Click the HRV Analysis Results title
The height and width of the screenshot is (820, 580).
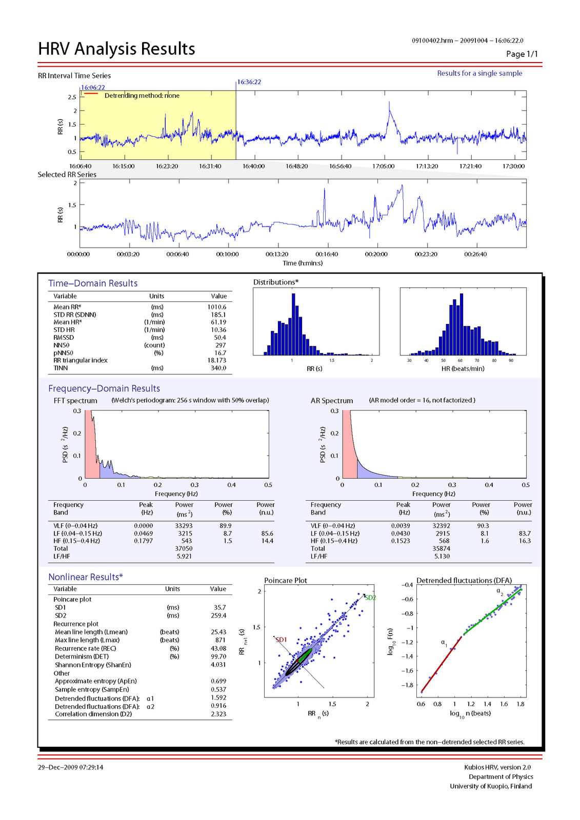tap(116, 49)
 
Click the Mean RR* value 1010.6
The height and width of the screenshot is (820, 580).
tap(216, 307)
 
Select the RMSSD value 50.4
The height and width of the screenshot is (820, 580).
tap(219, 337)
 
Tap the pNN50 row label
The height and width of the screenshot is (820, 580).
tap(64, 353)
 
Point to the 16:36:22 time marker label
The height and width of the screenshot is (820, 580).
tap(249, 82)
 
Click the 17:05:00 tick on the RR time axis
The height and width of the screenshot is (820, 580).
tap(383, 166)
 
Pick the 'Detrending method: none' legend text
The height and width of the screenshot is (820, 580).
tap(142, 96)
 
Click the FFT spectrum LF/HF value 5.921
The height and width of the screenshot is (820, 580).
tap(184, 556)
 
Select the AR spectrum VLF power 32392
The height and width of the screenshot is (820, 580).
tap(441, 525)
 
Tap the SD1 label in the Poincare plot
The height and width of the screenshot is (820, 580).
tap(281, 640)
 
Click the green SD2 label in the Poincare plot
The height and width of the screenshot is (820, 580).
tap(370, 598)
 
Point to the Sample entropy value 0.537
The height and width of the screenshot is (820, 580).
tap(218, 689)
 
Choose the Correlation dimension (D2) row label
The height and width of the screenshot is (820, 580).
tap(93, 714)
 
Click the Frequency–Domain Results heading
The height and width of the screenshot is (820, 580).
tap(104, 388)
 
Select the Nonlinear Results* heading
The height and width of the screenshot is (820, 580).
tap(86, 577)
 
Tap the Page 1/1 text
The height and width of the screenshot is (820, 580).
tap(522, 54)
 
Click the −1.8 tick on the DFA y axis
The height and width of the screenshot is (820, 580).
tap(407, 685)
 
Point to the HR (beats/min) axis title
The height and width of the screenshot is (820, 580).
tap(463, 368)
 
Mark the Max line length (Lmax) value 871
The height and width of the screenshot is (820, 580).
tap(221, 640)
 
